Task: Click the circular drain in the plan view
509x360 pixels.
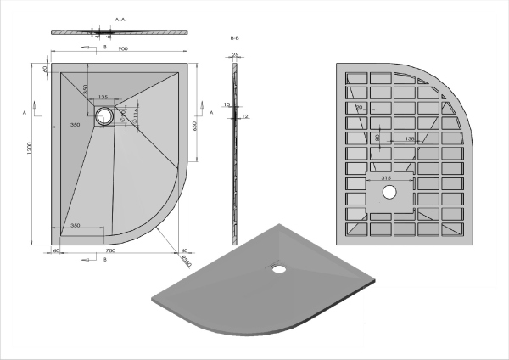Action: pyautogui.click(x=104, y=117)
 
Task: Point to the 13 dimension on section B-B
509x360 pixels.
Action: pyautogui.click(x=227, y=104)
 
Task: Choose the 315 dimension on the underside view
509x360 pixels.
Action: pyautogui.click(x=387, y=178)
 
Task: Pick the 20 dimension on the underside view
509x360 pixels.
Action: pyautogui.click(x=360, y=108)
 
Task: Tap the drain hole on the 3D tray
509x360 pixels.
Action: pyautogui.click(x=277, y=268)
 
